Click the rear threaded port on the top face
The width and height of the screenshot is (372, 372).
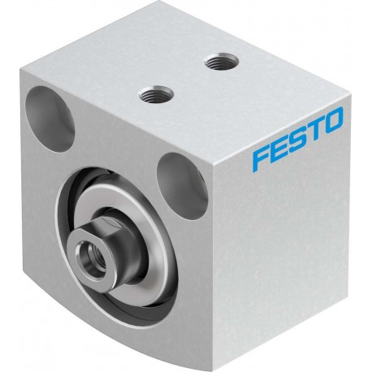(221, 61)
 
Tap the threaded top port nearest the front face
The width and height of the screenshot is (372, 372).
(157, 93)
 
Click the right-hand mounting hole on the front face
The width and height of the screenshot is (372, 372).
(181, 185)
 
